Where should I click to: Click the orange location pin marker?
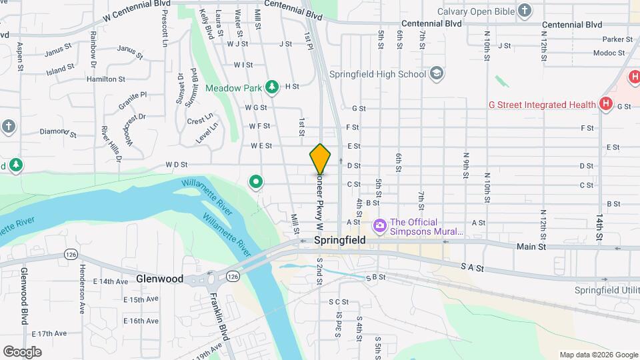(321, 159)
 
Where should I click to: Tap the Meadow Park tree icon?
(271, 87)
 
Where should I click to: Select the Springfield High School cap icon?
(437, 73)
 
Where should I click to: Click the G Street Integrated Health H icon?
(606, 103)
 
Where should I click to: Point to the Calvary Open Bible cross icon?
(525, 11)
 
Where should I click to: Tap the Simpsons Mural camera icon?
(380, 227)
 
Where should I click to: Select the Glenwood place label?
(159, 279)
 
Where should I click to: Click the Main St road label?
(531, 247)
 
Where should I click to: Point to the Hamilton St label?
(106, 79)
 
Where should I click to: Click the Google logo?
(22, 352)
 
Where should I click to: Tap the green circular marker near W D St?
(255, 181)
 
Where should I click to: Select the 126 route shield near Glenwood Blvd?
(70, 254)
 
